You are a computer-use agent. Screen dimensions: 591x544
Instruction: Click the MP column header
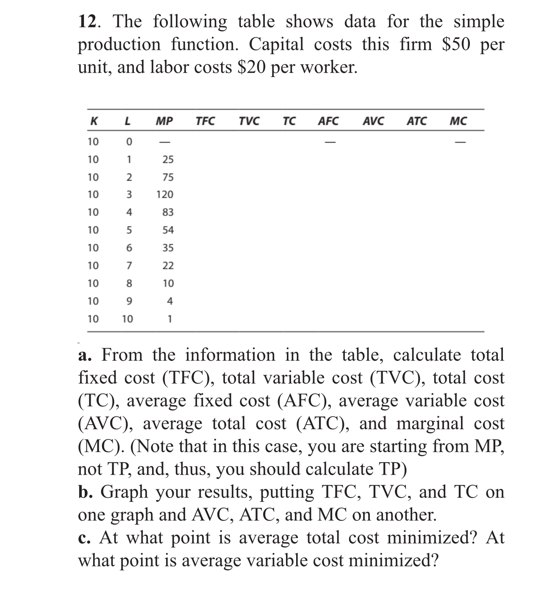tap(164, 122)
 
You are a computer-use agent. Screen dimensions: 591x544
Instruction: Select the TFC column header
tap(205, 122)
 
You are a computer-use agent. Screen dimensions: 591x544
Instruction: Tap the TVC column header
tap(249, 122)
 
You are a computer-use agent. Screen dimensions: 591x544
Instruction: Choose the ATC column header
tap(416, 122)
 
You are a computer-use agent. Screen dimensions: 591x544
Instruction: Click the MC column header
tap(458, 122)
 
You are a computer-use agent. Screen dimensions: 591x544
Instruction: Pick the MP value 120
tap(165, 195)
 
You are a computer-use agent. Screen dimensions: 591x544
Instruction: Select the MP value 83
tap(168, 213)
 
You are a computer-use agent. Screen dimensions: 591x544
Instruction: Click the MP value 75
tap(168, 177)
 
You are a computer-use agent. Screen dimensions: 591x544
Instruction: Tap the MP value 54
tap(168, 230)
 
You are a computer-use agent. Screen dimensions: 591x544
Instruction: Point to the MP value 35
tap(168, 248)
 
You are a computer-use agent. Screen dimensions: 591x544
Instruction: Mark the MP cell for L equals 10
tap(169, 319)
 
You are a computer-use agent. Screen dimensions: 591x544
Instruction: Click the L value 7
tap(129, 266)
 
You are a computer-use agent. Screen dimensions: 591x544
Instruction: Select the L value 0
tap(129, 142)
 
